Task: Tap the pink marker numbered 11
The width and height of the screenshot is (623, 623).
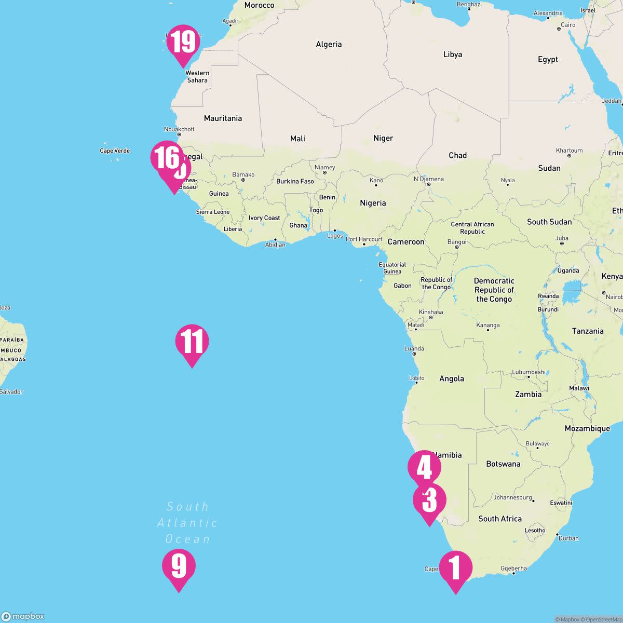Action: (192, 342)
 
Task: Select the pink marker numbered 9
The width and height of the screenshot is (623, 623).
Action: (179, 566)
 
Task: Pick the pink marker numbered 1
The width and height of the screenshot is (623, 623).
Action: (455, 568)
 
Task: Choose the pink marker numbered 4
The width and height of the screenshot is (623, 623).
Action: (424, 467)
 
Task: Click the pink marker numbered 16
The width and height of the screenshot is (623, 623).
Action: (166, 157)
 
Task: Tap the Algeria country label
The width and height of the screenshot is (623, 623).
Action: (329, 45)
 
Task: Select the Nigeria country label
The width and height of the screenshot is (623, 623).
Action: (373, 203)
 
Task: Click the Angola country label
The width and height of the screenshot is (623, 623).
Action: (452, 379)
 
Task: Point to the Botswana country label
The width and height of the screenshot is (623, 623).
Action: (503, 464)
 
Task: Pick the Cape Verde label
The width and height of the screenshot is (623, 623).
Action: (115, 151)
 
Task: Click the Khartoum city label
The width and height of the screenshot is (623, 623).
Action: (569, 151)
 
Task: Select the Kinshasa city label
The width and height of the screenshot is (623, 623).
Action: (430, 312)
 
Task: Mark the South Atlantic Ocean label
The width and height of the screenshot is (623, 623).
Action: (187, 523)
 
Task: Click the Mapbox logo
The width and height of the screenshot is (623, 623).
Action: (23, 616)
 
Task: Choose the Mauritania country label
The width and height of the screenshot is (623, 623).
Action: (223, 118)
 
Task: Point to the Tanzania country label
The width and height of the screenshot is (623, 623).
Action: (588, 331)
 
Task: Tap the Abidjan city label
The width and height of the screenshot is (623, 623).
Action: (275, 245)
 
